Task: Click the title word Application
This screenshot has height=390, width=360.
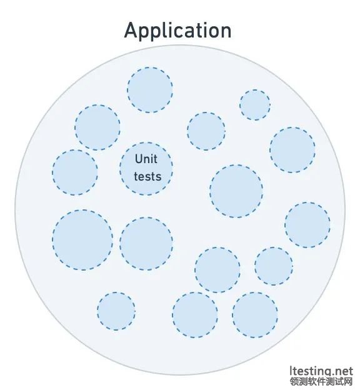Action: pos(177,31)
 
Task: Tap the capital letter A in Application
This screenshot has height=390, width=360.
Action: pos(131,30)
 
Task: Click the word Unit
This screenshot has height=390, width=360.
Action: pos(146,159)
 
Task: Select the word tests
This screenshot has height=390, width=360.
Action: pos(147,176)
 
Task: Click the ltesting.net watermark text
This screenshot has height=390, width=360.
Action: pos(321,372)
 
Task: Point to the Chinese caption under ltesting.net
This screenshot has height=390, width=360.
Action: pos(321,381)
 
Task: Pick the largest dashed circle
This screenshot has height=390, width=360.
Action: pos(82,240)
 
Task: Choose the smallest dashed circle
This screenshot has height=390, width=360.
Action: pos(255,105)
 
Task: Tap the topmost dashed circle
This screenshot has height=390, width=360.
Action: pos(150,90)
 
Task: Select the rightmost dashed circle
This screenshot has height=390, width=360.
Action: pos(307,225)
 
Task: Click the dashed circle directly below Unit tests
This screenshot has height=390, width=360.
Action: pos(146,244)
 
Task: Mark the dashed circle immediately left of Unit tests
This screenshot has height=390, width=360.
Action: pos(75,172)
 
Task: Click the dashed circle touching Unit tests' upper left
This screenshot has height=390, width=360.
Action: pos(97,127)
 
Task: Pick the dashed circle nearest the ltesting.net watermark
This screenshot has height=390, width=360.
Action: pos(255,315)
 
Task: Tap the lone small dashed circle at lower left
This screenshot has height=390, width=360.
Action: pos(116,311)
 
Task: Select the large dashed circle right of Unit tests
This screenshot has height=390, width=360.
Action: pos(236,191)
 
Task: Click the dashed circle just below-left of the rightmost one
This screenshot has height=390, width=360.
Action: pos(274,266)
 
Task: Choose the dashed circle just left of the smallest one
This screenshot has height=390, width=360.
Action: pos(206,131)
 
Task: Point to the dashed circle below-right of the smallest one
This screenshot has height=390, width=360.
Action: pos(292,150)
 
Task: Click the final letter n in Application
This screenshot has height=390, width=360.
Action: pos(225,32)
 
